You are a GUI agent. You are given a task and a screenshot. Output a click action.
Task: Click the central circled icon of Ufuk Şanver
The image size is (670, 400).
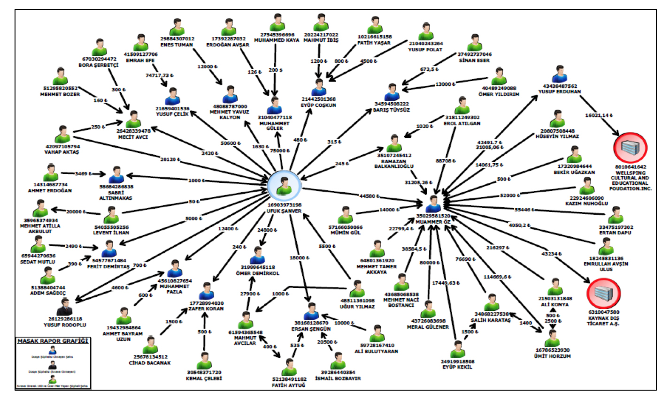point(283,185)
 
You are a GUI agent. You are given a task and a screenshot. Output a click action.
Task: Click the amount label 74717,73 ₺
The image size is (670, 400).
point(159,75)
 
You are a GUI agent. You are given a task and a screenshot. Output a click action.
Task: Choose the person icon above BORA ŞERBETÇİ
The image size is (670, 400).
point(100,47)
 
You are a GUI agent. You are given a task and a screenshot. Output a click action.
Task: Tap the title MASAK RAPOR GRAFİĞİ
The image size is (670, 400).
point(53,341)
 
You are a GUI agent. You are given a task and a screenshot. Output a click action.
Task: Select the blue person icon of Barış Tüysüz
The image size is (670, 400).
point(393,92)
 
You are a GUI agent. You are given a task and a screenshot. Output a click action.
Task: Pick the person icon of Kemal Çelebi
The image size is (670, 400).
point(204,361)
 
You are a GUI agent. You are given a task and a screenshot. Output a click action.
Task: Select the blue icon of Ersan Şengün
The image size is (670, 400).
point(311,311)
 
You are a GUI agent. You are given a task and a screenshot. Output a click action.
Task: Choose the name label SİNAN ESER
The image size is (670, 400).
point(474,60)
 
